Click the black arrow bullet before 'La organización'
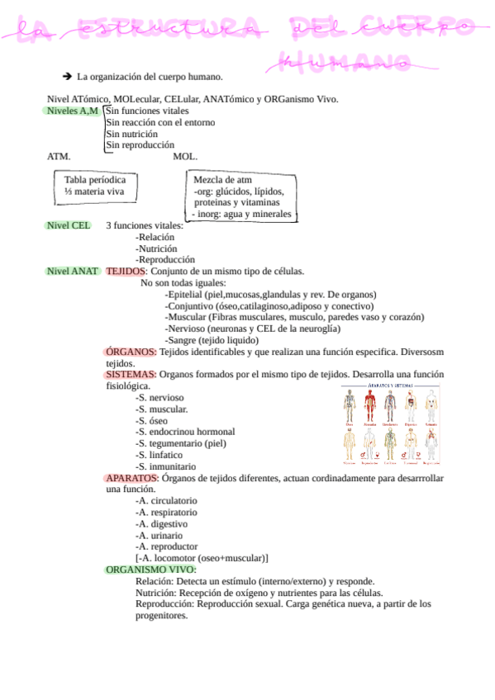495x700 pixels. point(68,77)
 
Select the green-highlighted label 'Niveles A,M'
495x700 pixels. point(73,111)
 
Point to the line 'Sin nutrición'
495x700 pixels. point(132,134)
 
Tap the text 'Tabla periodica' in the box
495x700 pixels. point(95,180)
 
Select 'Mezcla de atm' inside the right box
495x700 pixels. point(222,180)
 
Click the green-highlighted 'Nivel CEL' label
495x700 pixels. point(69,225)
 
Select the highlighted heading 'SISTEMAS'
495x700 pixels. point(131,374)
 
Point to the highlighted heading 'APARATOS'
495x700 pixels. point(132,478)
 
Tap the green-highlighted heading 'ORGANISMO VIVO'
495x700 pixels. point(150,570)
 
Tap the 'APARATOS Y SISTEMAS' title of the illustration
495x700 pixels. point(391,386)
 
